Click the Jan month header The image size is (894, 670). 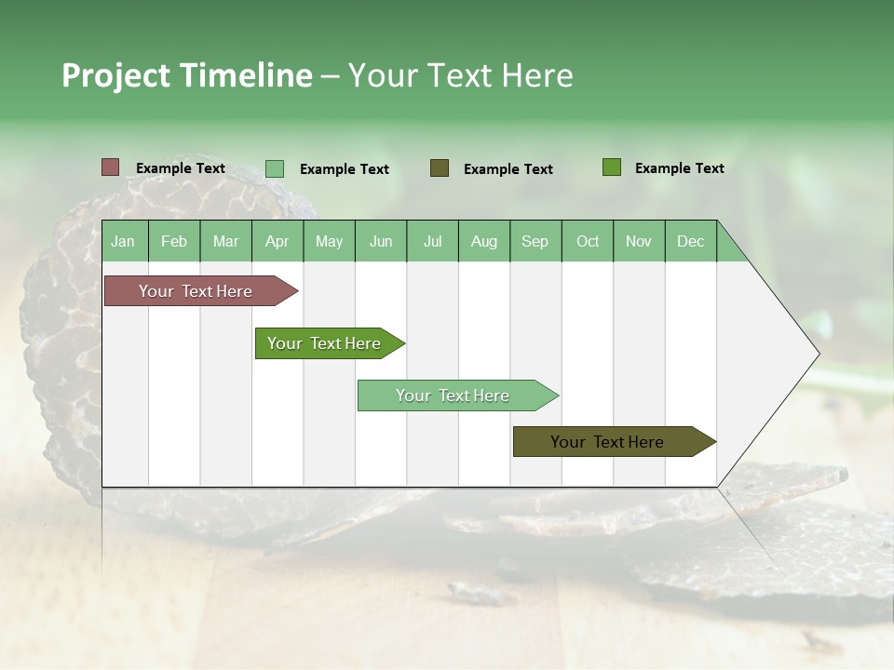point(124,241)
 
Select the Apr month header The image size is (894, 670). point(278,241)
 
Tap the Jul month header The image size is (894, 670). point(432,241)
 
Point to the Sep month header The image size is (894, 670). point(535,241)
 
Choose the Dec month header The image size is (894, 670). point(690,241)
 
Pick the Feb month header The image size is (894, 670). point(174,241)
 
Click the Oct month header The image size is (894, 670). point(588,241)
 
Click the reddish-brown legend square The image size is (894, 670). point(110,167)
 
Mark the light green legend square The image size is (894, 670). point(275,168)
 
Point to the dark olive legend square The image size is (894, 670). point(440,168)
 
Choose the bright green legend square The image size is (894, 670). point(612,167)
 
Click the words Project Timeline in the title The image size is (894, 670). point(186,75)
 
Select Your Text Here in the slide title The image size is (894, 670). point(460,75)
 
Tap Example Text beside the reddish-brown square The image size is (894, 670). point(181,168)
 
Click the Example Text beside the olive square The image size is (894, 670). point(508,169)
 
